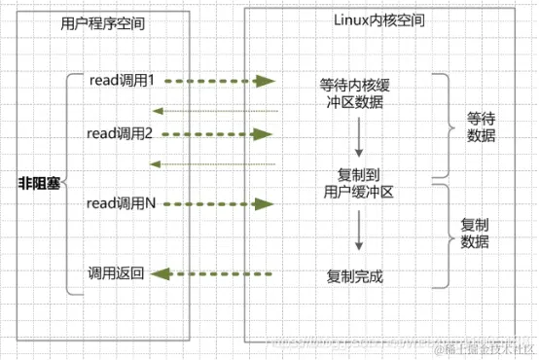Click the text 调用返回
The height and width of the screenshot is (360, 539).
tap(116, 273)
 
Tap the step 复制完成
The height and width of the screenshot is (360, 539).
tap(356, 276)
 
